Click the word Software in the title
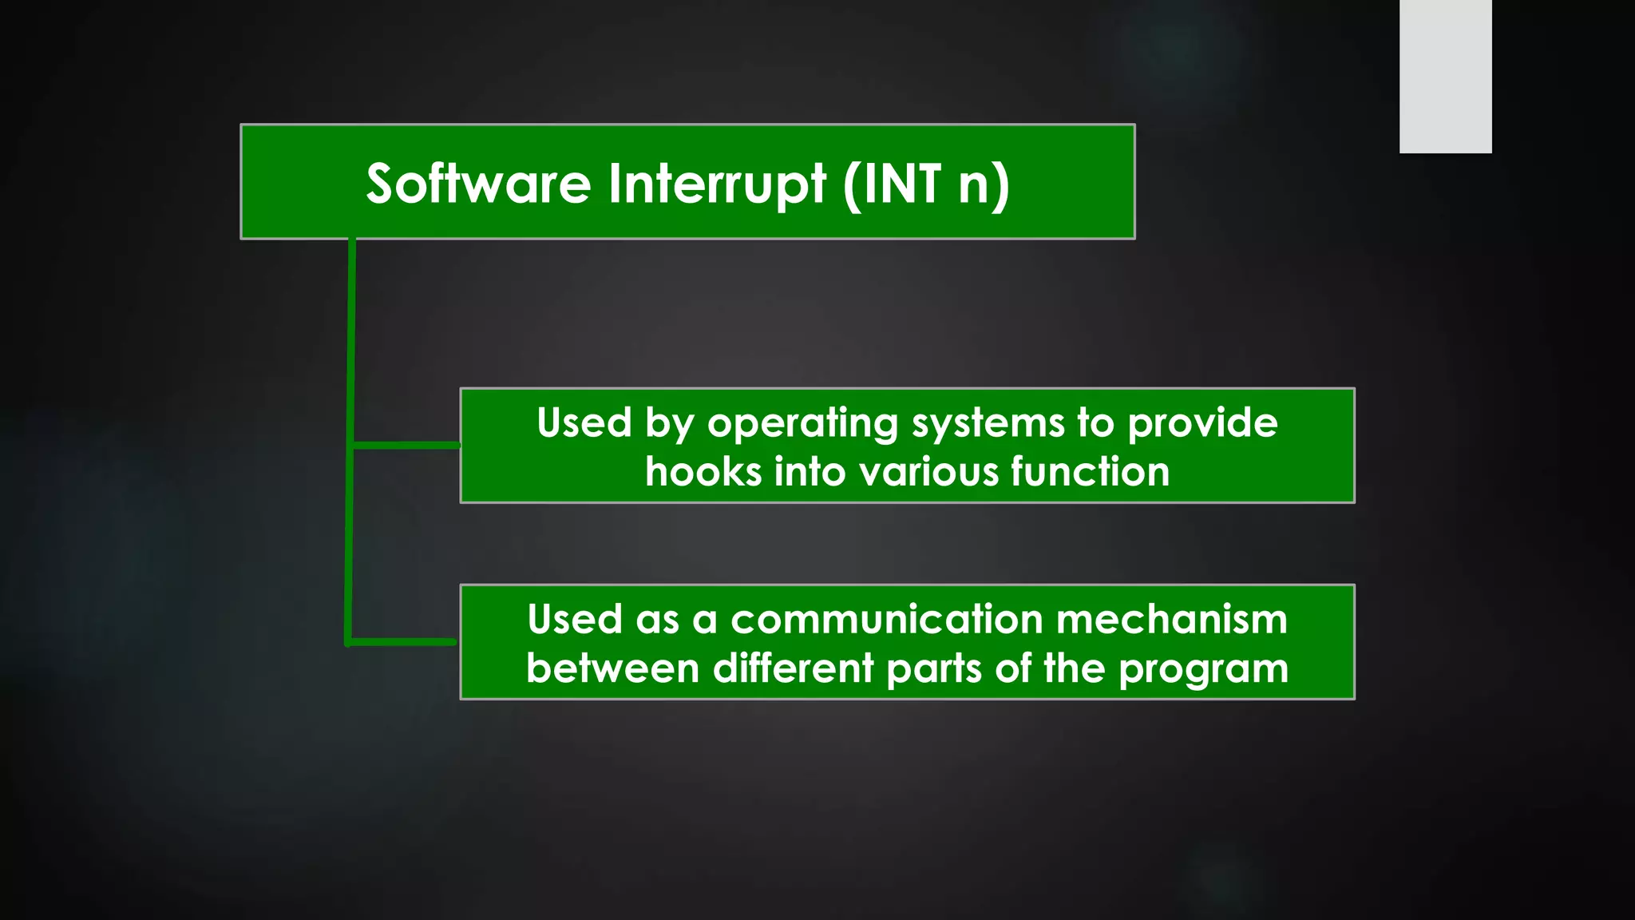coord(477,184)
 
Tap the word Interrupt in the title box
coord(716,184)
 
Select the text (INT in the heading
coord(892,184)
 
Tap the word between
coord(612,668)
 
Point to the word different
coord(793,668)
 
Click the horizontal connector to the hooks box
coord(406,445)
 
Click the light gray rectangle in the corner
coord(1445,76)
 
